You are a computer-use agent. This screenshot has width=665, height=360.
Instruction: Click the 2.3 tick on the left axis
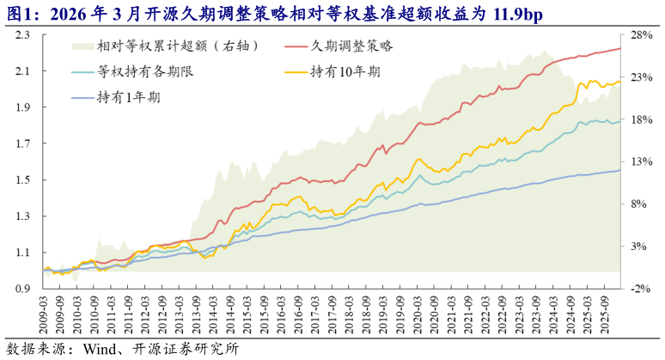pos(23,35)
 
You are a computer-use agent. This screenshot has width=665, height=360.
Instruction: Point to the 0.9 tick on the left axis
pos(23,290)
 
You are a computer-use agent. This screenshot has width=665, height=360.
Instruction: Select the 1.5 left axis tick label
pos(23,180)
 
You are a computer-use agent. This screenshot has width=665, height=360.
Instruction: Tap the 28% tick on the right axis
pos(643,35)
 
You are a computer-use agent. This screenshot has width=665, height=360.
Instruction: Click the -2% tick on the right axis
pos(643,290)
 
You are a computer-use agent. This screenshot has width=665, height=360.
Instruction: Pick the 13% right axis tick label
pos(643,162)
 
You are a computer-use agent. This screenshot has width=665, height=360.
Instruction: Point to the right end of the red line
pos(621,48)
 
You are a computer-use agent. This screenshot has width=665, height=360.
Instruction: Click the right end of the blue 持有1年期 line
pos(621,170)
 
